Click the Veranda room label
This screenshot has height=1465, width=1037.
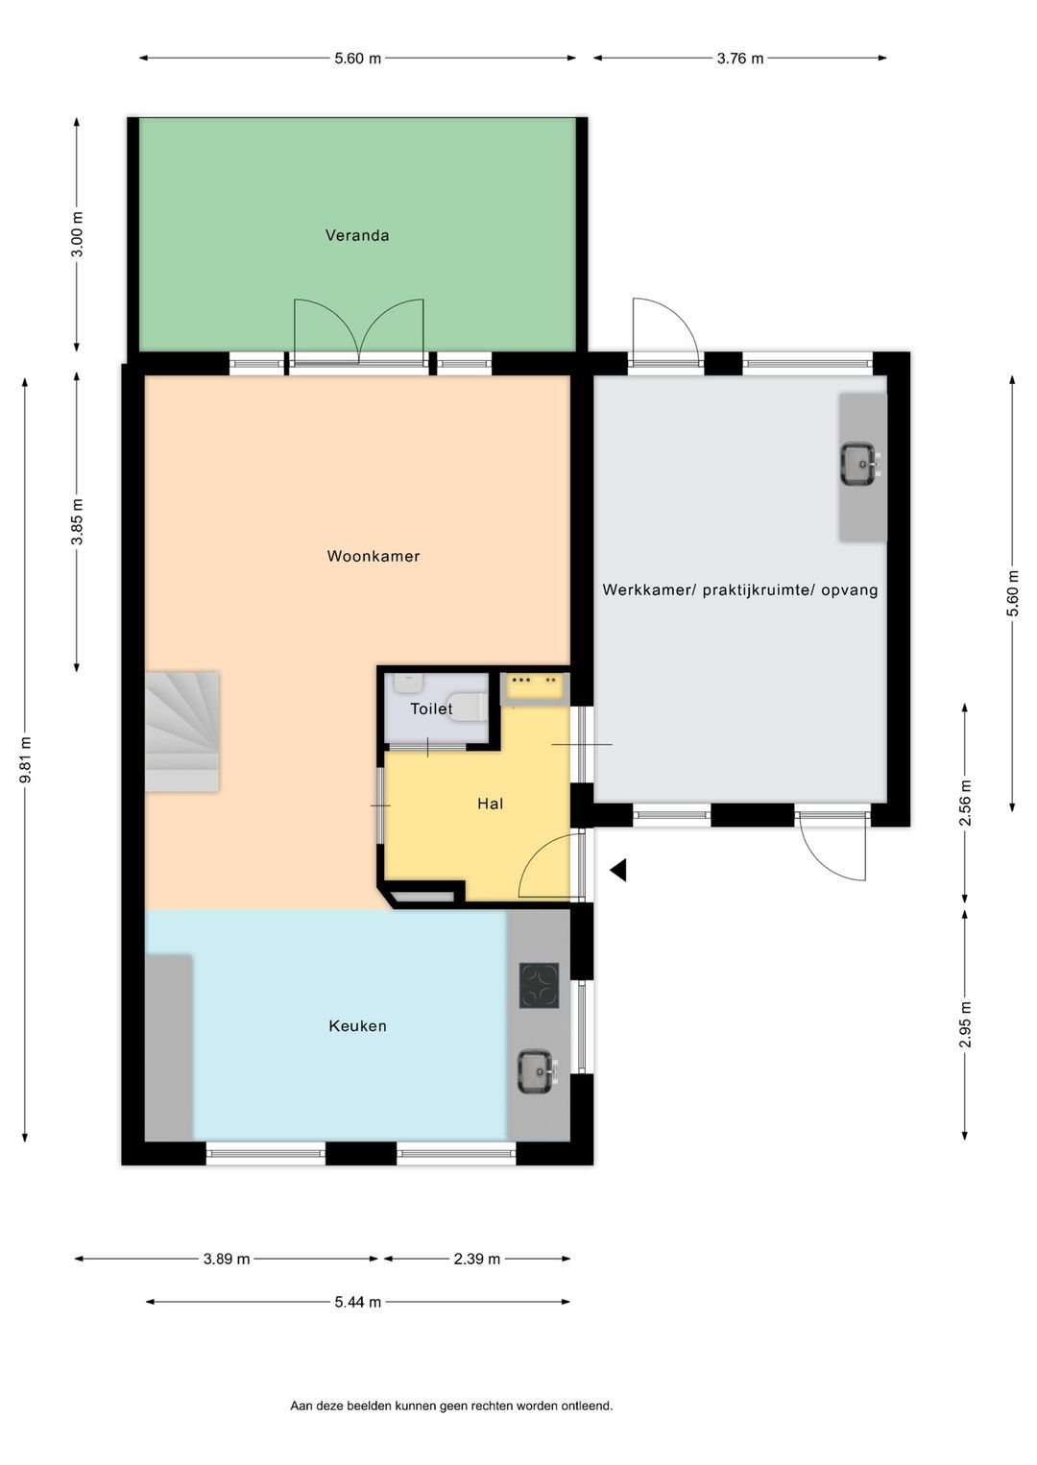(357, 235)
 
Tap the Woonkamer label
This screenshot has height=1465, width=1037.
(374, 556)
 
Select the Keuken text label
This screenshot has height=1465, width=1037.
(357, 1026)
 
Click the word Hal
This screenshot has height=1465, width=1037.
(490, 804)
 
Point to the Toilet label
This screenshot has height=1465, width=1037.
(431, 709)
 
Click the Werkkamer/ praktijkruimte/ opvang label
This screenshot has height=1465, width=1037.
(740, 589)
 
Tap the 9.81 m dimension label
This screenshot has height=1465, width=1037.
(26, 759)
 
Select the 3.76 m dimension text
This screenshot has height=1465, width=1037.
(739, 59)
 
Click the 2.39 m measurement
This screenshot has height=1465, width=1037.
(477, 1259)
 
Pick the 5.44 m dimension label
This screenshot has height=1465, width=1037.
(357, 1303)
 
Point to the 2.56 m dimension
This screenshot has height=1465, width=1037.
(966, 803)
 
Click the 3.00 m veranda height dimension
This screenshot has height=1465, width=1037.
(78, 233)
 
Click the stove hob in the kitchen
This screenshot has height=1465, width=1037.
(539, 986)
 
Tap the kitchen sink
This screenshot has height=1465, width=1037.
(537, 1071)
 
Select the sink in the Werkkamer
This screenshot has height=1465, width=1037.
(859, 464)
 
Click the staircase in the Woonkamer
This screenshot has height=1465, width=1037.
(182, 732)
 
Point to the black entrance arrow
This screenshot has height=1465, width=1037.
(619, 870)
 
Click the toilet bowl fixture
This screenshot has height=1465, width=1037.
(469, 708)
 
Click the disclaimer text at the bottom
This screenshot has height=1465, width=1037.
(451, 1406)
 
